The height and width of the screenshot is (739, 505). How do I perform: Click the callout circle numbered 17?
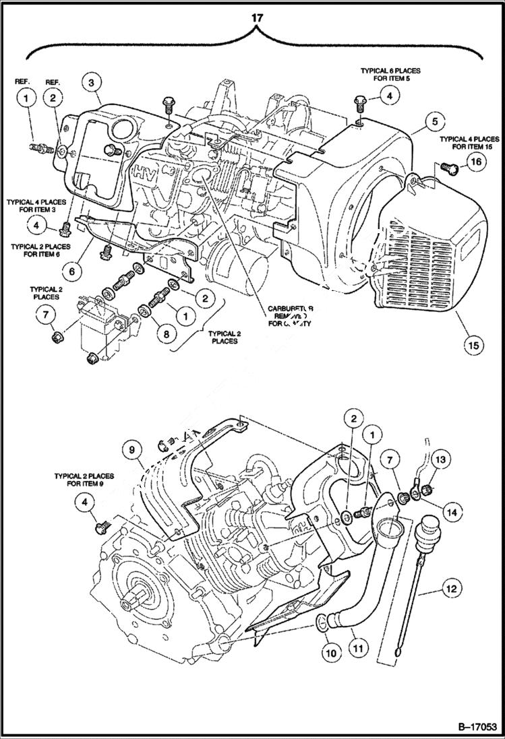point(256,18)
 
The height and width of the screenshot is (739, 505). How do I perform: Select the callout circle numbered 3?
point(92,84)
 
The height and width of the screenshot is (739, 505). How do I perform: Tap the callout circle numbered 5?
point(435,121)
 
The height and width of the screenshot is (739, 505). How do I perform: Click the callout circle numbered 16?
point(476,162)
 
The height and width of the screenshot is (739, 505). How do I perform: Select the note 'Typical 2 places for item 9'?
point(84,480)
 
